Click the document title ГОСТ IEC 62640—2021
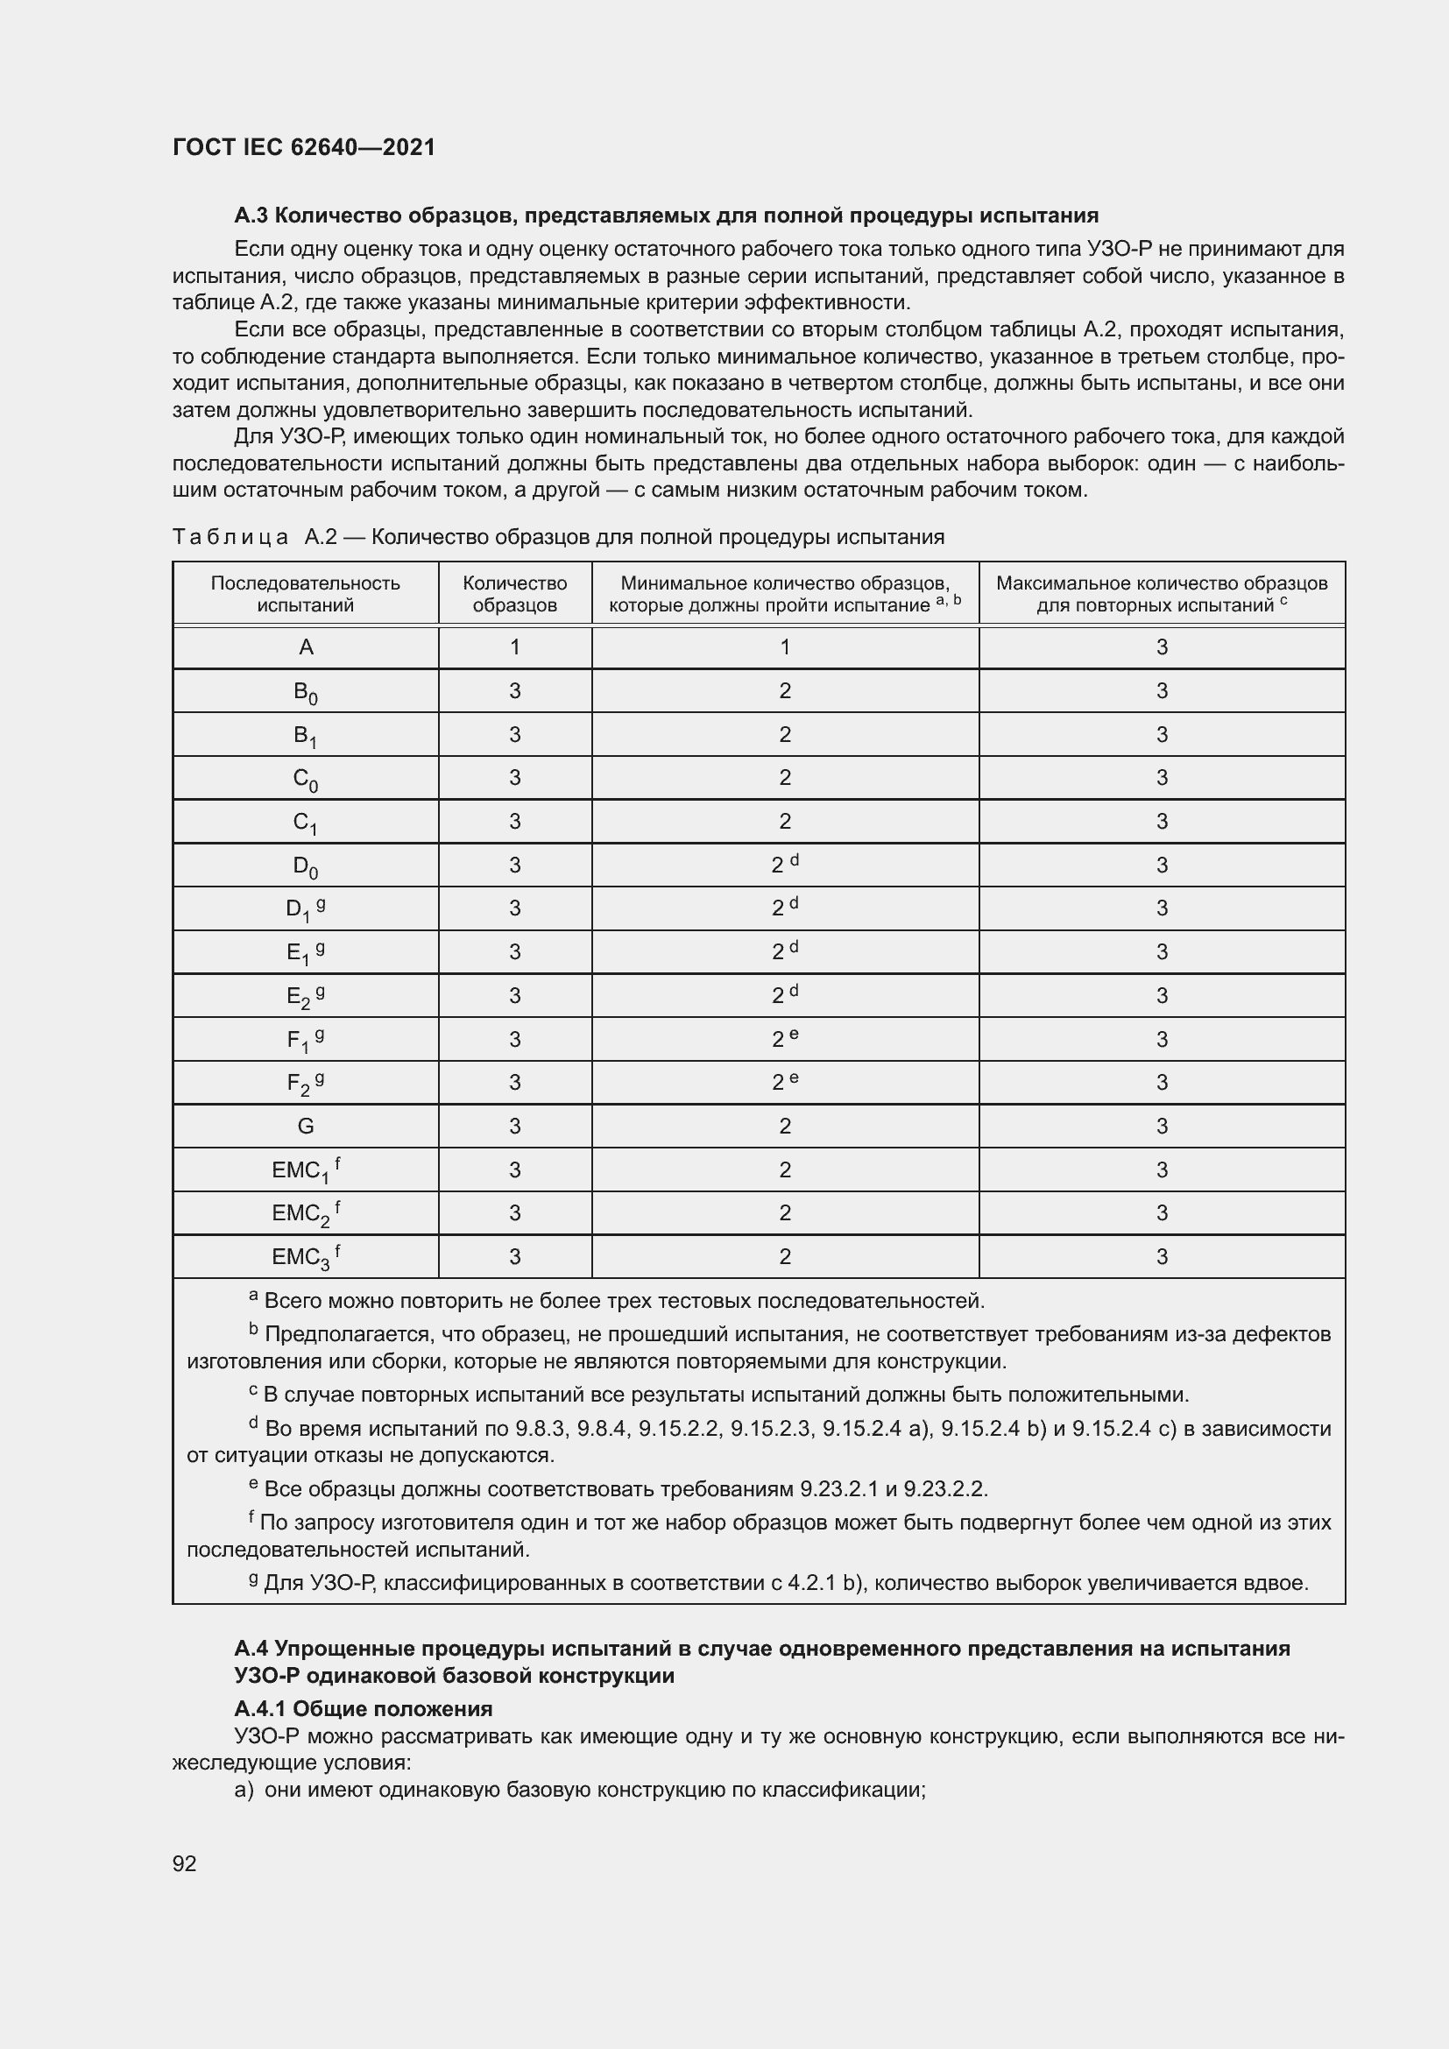click(x=303, y=147)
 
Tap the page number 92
click(x=185, y=1862)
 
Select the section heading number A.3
click(x=251, y=216)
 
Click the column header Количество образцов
click(x=515, y=593)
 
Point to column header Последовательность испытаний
click(x=305, y=593)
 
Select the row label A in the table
click(x=305, y=648)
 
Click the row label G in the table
click(x=305, y=1127)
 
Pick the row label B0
click(x=305, y=692)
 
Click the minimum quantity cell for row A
click(x=784, y=648)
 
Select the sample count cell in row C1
click(x=515, y=821)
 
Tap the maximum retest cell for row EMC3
click(x=1161, y=1256)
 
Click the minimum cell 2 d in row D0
click(x=784, y=864)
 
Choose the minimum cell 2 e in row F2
click(x=784, y=1082)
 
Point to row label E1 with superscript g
click(x=304, y=952)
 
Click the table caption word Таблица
click(x=230, y=537)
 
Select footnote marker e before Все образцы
click(x=253, y=1484)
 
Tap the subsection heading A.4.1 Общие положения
click(x=364, y=1709)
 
